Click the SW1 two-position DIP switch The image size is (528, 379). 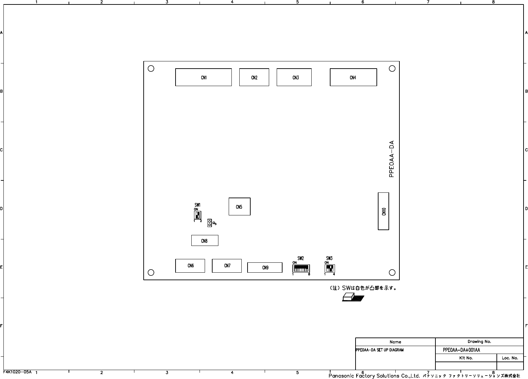tap(197, 215)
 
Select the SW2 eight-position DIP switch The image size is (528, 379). tap(301, 269)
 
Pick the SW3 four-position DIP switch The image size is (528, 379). tap(330, 269)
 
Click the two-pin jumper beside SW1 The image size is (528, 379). tap(209, 223)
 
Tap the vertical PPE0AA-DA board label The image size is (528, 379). tap(391, 159)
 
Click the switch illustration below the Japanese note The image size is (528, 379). tap(353, 297)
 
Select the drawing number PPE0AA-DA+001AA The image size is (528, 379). tap(461, 350)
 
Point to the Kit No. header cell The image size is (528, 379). tap(466, 358)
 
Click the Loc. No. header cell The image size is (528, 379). tap(510, 358)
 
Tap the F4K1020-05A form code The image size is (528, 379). tap(17, 372)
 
